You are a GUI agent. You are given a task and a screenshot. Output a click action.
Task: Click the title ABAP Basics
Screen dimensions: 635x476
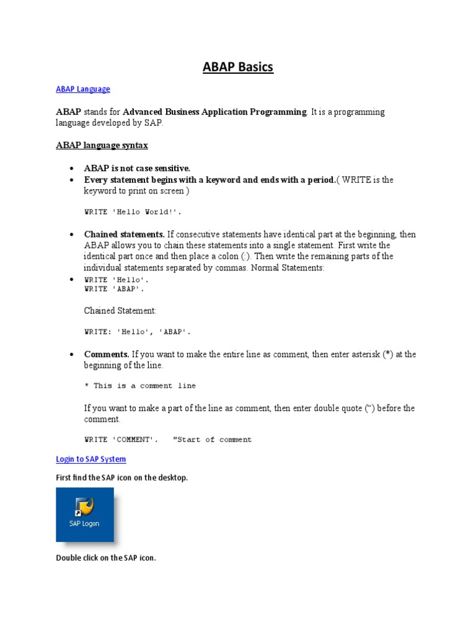point(238,67)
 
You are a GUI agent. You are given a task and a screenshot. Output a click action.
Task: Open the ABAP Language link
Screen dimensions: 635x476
point(82,89)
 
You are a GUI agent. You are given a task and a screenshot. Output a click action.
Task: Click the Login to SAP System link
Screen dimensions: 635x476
point(90,460)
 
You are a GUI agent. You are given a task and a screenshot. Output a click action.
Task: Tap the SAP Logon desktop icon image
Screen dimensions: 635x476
point(85,514)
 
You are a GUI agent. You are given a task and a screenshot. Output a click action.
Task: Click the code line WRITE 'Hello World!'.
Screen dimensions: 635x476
point(133,212)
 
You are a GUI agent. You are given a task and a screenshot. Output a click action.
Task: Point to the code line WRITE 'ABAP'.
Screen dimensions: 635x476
point(117,289)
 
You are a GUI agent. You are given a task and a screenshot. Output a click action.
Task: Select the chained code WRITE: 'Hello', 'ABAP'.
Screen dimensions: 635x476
point(138,332)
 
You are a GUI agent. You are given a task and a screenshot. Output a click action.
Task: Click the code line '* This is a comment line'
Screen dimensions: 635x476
point(139,386)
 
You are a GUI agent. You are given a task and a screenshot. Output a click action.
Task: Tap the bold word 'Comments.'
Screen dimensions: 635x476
point(107,354)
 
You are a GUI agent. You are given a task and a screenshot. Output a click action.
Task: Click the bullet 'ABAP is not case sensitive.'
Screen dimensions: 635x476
point(137,168)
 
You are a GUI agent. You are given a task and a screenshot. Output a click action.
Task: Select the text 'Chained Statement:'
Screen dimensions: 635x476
point(120,310)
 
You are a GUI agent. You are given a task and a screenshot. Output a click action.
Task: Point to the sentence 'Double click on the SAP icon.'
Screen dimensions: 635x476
point(106,558)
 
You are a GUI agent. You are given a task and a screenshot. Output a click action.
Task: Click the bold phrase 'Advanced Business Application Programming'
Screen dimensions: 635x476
point(214,112)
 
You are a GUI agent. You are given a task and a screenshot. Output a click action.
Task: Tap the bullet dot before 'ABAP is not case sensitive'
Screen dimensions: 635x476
point(72,169)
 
